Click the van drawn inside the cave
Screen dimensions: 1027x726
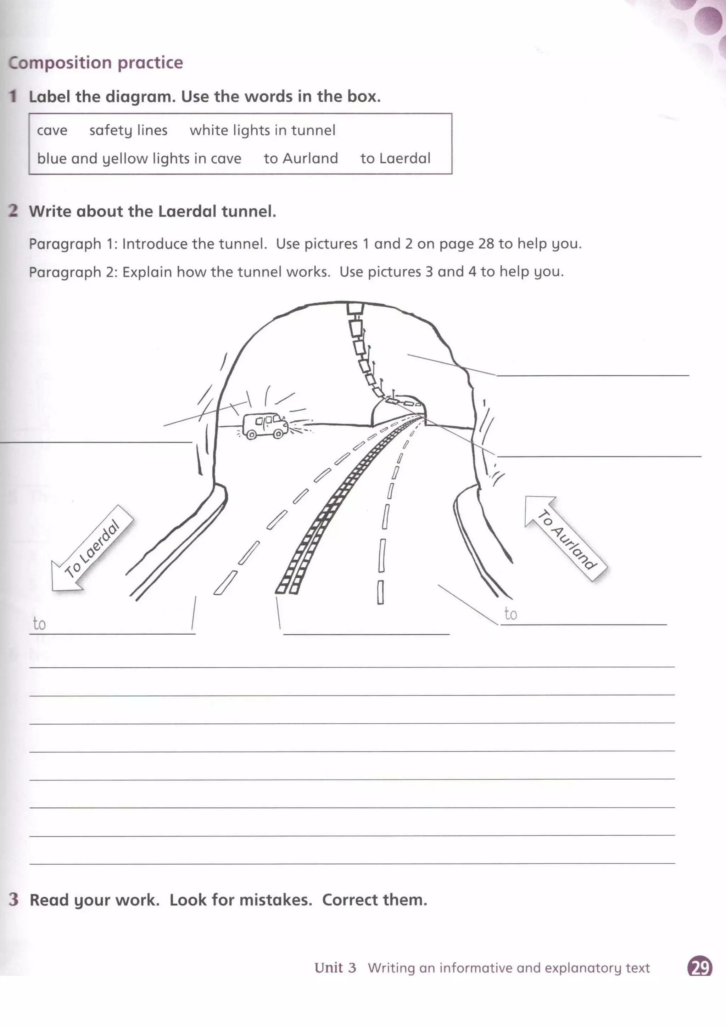pos(265,425)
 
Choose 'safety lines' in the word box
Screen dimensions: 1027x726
pos(128,131)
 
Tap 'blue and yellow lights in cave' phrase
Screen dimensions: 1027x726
pos(139,159)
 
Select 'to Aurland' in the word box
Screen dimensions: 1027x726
pos(301,159)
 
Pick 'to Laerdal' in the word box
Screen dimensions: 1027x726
pos(395,159)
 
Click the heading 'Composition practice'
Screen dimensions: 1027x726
pos(96,63)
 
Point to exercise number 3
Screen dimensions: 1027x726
pos(13,899)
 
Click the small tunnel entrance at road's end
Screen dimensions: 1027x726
pos(398,409)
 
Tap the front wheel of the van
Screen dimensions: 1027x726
pos(278,434)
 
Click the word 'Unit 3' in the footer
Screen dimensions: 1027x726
pos(335,967)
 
